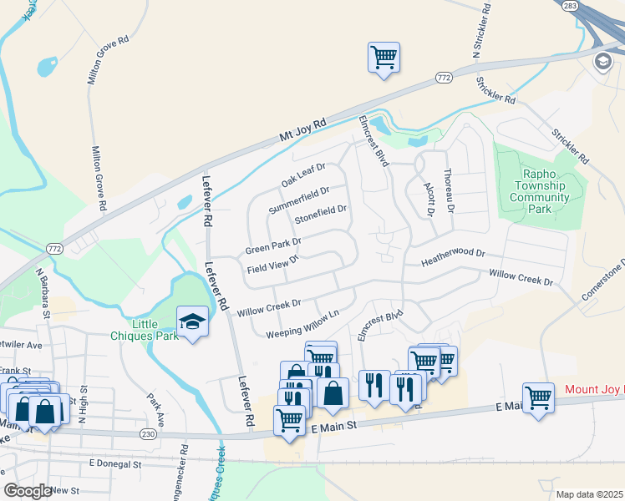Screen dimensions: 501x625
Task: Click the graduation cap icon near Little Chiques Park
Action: [192, 321]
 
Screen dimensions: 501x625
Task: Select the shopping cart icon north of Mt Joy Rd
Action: [384, 58]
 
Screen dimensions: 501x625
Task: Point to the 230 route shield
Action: [149, 433]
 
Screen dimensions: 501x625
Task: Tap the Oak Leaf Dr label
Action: [302, 175]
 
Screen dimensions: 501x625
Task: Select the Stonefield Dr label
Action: [320, 215]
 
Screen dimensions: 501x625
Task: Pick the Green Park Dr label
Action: [272, 246]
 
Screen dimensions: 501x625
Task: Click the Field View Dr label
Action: [272, 264]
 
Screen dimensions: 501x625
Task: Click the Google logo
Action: [28, 491]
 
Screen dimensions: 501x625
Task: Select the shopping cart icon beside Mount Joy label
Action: [538, 397]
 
